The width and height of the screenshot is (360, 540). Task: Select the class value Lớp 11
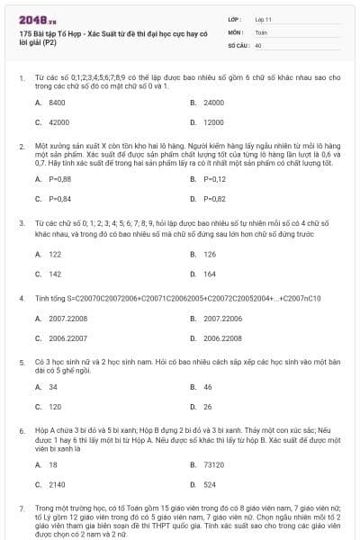coord(262,18)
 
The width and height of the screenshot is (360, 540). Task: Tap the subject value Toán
coord(261,31)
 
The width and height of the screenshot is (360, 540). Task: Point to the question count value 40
coord(258,44)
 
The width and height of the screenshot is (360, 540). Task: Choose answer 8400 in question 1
coord(57,103)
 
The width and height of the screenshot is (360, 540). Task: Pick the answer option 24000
coord(213,103)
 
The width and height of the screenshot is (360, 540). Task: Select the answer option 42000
coord(58,121)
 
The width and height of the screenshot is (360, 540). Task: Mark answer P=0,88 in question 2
coord(60,178)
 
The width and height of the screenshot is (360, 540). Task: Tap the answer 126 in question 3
coord(209,255)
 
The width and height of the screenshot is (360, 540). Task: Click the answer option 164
coord(209,274)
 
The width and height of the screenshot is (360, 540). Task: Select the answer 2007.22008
coord(61,318)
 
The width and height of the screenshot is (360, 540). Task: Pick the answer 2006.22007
coord(61,337)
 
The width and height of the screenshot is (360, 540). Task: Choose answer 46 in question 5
coord(207,386)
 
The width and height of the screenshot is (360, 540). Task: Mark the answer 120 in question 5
coord(55,406)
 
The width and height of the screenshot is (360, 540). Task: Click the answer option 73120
coord(213,464)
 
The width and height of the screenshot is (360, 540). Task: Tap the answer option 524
coord(209,484)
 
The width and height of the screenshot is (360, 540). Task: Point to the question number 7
coord(22,508)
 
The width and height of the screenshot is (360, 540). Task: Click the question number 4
coord(22,297)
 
